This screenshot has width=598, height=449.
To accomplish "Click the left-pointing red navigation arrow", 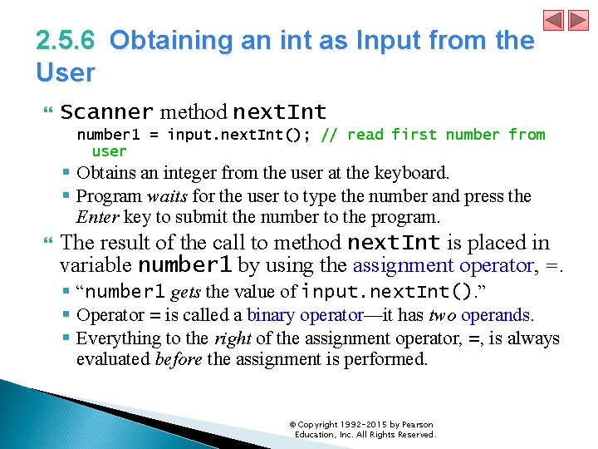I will (554, 20).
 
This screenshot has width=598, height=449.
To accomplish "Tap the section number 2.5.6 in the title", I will (66, 40).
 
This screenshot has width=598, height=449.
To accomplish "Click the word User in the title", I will (66, 72).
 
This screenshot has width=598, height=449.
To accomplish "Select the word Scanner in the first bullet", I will (107, 111).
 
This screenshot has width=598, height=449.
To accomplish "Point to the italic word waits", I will (165, 196).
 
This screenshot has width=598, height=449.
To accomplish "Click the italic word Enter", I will (97, 218).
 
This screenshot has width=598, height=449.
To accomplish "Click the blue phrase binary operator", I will (305, 315).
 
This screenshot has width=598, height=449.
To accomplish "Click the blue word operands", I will (496, 315).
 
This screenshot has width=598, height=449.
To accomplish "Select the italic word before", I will (179, 360).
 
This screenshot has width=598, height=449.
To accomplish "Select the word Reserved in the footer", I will (414, 435).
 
